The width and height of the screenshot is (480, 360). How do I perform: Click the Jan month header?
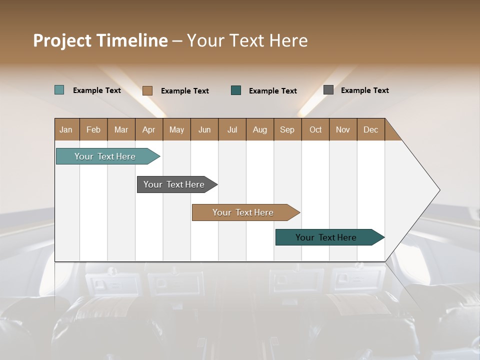tap(66, 129)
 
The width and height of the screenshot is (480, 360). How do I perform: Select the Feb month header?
tap(93, 129)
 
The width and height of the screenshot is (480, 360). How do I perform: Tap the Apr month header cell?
tap(148, 129)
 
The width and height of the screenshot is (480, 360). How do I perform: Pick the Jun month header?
tap(204, 129)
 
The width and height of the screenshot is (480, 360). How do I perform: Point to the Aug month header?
tap(259, 129)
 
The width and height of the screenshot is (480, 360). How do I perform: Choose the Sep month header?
tap(287, 129)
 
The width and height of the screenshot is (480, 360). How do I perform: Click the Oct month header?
tap(315, 129)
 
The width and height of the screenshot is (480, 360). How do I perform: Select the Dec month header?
tap(370, 129)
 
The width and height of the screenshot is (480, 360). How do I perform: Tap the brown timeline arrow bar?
tap(244, 212)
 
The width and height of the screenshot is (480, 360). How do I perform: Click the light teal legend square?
tap(59, 90)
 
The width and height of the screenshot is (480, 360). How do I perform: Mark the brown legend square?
tap(147, 90)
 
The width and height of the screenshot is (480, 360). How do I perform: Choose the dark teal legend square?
tap(236, 90)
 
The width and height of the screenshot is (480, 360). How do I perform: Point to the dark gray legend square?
tap(328, 90)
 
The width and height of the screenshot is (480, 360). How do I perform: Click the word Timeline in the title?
tap(132, 40)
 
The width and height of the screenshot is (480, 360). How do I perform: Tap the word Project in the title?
tap(62, 40)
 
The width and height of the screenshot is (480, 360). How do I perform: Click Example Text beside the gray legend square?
tap(364, 90)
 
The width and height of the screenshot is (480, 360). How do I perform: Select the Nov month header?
tap(343, 129)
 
